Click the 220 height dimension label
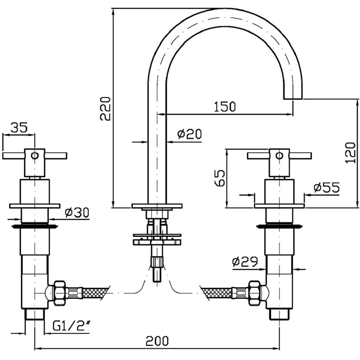(x=106, y=108)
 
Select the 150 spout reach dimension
(x=225, y=106)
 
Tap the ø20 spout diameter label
(x=189, y=134)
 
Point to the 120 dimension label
(x=350, y=152)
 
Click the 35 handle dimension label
(x=19, y=127)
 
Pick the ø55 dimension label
(x=326, y=188)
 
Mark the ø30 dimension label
(x=76, y=213)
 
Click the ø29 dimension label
(x=245, y=262)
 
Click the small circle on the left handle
(x=35, y=156)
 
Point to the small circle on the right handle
(x=279, y=156)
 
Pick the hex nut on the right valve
(x=254, y=293)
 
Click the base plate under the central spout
(x=157, y=206)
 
